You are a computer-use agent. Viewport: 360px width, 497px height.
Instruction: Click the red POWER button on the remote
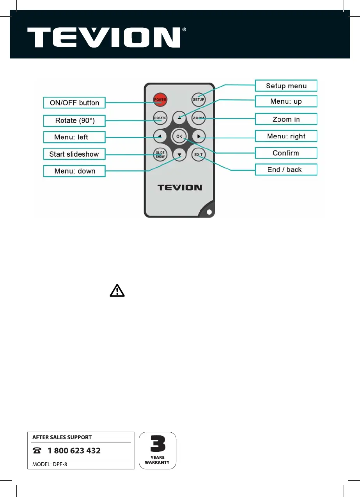click(x=160, y=99)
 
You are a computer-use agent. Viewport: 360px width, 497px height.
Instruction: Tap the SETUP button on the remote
click(x=199, y=99)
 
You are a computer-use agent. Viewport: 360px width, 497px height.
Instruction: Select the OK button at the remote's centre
click(x=179, y=136)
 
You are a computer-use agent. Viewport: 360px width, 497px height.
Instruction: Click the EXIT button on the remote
click(x=199, y=155)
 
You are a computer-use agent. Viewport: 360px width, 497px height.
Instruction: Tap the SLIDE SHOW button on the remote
click(x=160, y=155)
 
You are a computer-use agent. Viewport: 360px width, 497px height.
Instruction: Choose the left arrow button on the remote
click(x=160, y=136)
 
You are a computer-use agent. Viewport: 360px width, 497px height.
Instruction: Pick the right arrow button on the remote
click(x=199, y=136)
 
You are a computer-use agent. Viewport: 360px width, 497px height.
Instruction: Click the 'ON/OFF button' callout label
click(x=74, y=103)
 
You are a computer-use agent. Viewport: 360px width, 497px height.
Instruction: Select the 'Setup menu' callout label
click(x=286, y=86)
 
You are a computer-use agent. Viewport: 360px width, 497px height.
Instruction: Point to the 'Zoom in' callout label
click(x=286, y=119)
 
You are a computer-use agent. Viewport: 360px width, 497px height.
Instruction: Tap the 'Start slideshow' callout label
click(x=74, y=154)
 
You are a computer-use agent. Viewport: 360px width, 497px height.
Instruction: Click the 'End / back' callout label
click(x=286, y=170)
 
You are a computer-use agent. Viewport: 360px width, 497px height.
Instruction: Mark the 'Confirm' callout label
click(x=286, y=153)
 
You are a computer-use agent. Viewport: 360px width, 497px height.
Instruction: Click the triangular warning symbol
click(x=117, y=291)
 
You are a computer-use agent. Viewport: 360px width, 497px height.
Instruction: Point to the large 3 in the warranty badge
click(x=158, y=444)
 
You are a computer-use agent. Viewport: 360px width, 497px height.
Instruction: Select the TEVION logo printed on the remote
click(x=179, y=187)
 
